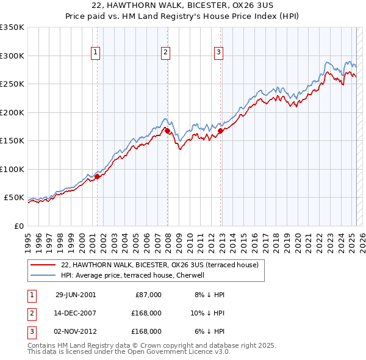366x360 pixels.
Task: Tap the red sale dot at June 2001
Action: click(97, 177)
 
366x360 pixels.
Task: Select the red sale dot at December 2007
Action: click(167, 131)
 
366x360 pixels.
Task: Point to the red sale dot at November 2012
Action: click(220, 130)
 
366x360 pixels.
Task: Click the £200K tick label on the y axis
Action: click(12, 112)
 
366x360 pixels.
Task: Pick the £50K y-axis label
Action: click(14, 198)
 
